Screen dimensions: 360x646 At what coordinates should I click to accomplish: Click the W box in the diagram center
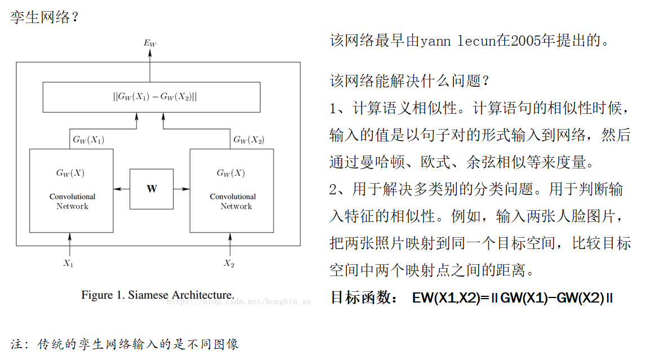[x=152, y=189]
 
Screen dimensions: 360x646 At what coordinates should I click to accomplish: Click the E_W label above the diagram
[x=150, y=43]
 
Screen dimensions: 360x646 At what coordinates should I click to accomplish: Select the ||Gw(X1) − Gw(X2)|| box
[x=152, y=97]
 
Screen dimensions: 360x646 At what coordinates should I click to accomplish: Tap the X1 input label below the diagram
[x=69, y=264]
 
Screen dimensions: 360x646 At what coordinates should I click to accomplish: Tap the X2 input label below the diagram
[x=229, y=264]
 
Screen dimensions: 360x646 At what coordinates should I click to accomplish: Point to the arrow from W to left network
[x=122, y=189]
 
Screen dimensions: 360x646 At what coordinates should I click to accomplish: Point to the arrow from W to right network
[x=181, y=189]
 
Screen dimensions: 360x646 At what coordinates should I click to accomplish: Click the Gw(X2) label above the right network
[x=248, y=140]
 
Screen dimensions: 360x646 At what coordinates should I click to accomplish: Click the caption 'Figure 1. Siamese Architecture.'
[x=158, y=295]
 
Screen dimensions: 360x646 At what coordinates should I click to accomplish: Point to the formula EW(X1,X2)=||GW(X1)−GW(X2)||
[x=512, y=298]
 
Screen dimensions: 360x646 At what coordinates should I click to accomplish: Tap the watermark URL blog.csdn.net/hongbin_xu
[x=239, y=302]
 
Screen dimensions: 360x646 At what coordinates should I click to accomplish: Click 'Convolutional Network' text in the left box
[x=72, y=201]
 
